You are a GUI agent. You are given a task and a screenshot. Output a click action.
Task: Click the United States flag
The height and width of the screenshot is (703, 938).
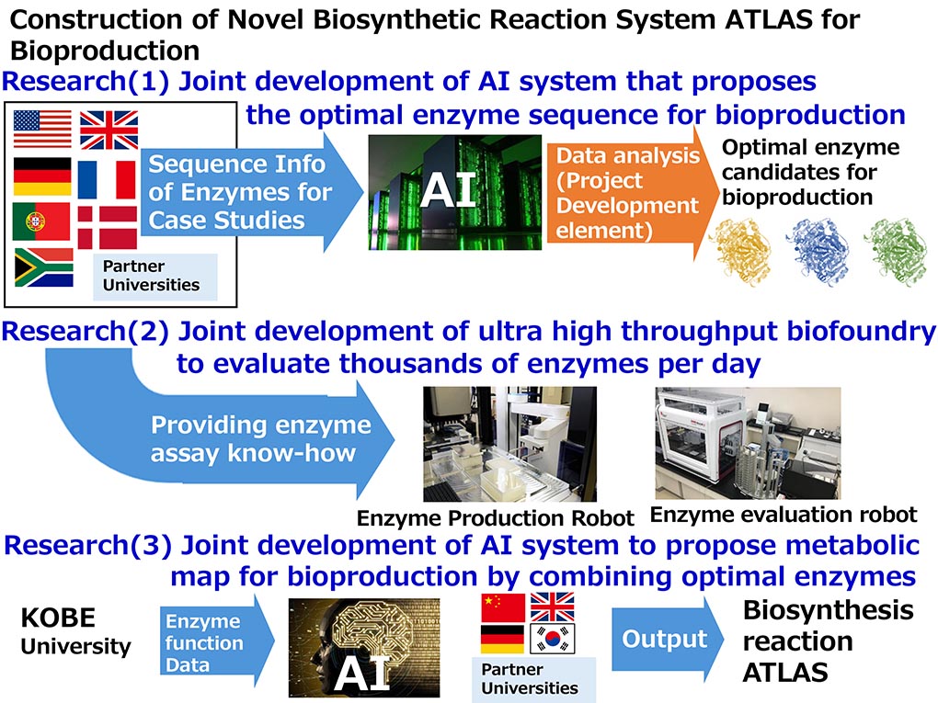(42, 130)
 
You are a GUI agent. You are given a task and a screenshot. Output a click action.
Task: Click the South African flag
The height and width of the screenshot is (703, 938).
(43, 267)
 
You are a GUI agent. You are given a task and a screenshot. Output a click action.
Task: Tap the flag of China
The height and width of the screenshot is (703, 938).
(503, 607)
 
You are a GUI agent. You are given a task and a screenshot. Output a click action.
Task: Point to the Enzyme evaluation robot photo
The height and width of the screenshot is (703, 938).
(747, 443)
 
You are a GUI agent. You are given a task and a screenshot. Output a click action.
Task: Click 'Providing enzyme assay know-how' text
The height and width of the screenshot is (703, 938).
(261, 438)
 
